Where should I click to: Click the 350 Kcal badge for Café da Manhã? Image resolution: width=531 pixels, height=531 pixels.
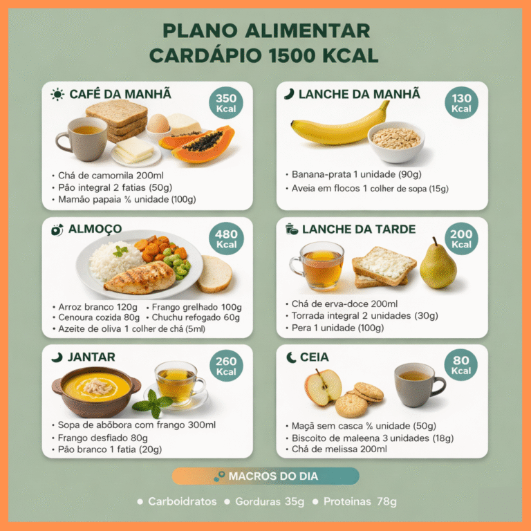[x=226, y=102]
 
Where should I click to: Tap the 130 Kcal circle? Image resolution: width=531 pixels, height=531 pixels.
[x=461, y=102]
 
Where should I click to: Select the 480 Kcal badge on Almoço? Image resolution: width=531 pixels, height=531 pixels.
[x=226, y=239]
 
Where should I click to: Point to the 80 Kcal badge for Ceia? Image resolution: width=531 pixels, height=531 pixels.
[x=461, y=365]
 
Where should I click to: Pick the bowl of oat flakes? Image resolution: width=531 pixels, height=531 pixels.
[x=396, y=142]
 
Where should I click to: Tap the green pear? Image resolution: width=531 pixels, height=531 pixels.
[x=438, y=265]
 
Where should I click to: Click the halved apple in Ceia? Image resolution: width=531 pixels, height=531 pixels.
[x=323, y=387]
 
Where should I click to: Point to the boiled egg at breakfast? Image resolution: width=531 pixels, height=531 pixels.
[x=158, y=124]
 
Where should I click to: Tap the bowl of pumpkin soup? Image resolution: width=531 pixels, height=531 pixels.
[x=96, y=391]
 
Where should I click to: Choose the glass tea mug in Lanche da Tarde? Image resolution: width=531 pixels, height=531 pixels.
[x=318, y=265]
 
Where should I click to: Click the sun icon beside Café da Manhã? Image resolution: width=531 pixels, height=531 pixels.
[x=57, y=94]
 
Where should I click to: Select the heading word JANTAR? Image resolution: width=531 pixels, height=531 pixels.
[x=91, y=357]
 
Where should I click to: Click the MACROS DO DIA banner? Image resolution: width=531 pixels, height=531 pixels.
[x=265, y=476]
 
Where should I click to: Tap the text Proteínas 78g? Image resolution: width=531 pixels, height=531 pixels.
[x=360, y=501]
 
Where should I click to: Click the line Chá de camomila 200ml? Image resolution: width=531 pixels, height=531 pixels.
[x=111, y=176]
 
